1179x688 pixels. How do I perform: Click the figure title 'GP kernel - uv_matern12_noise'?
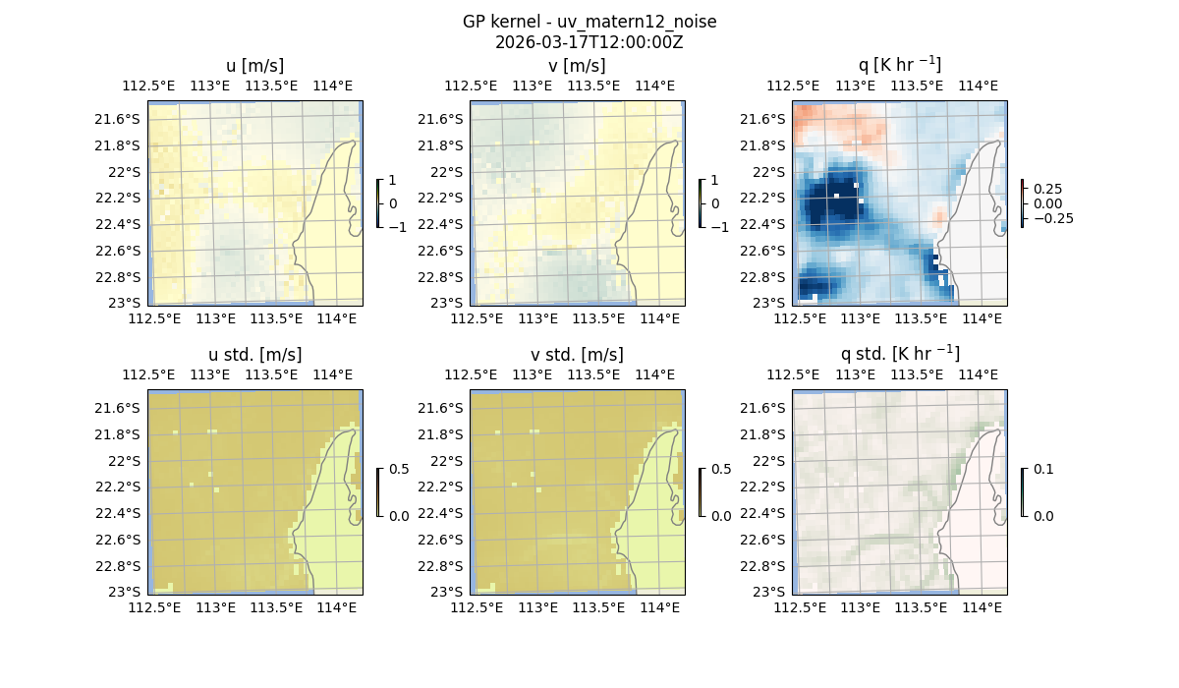(589, 22)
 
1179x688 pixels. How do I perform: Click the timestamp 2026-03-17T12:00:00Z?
(589, 42)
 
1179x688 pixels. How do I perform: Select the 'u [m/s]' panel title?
(254, 66)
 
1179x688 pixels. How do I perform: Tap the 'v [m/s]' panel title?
(577, 66)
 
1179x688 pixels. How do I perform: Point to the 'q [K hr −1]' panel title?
(899, 65)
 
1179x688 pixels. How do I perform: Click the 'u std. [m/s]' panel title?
(254, 355)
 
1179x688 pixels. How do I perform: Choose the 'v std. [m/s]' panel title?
(577, 355)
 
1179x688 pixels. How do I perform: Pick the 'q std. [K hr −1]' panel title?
(899, 354)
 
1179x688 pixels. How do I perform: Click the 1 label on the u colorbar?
(393, 180)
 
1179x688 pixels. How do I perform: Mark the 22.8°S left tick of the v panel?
(445, 276)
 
